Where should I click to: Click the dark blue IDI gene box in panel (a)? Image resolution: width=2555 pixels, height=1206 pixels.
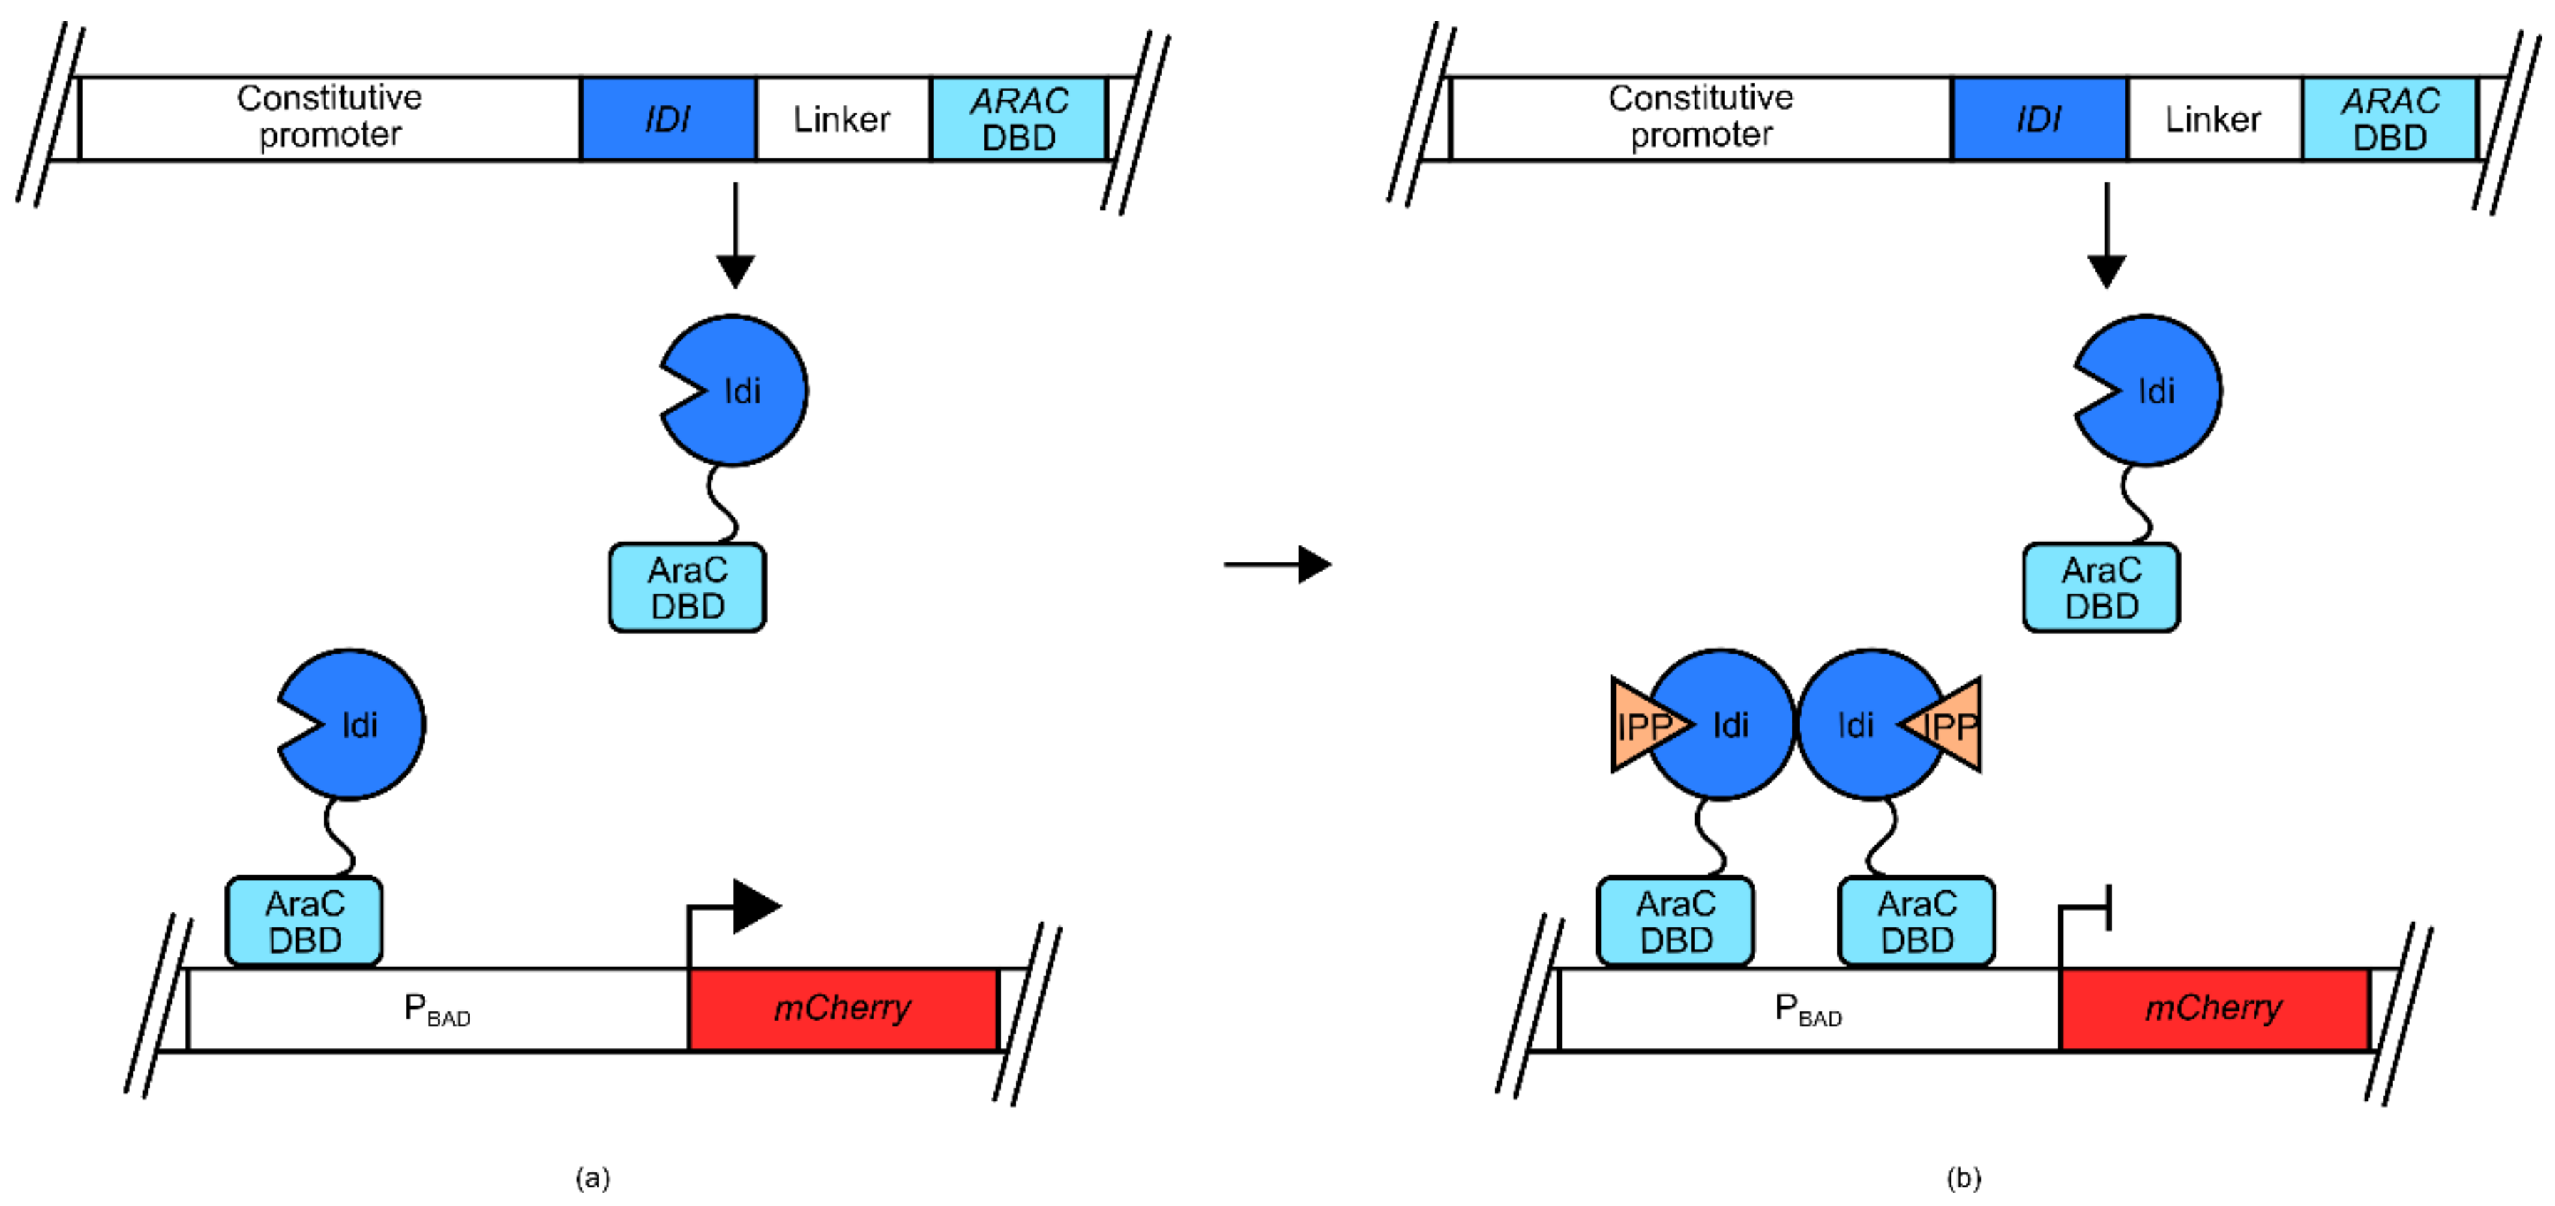tap(668, 119)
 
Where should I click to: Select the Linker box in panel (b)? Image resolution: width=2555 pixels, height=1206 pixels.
tap(2213, 119)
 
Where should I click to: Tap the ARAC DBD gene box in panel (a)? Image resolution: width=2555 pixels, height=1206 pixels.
tap(1018, 119)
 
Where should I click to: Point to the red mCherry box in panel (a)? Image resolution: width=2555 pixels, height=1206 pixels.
tap(842, 1009)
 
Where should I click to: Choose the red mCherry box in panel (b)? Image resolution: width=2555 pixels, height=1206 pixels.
tap(2213, 1009)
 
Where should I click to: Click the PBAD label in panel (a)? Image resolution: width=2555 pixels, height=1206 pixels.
tap(436, 1009)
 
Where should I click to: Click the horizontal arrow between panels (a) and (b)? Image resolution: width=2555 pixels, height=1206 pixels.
tap(1277, 565)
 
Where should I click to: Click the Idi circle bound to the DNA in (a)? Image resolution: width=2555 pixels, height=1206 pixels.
tap(352, 725)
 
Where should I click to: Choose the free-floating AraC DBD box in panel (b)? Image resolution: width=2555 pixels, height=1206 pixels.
tap(2101, 587)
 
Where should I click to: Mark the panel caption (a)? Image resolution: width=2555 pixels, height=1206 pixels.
tap(592, 1177)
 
